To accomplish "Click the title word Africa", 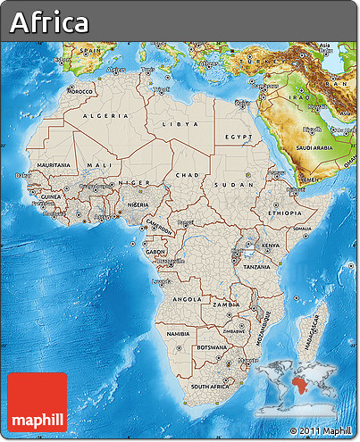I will (x=50, y=22).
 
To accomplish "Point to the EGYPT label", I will (x=239, y=137).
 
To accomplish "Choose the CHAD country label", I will (x=188, y=175).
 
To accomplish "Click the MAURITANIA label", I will (x=54, y=165).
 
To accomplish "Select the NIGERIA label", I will (x=138, y=204).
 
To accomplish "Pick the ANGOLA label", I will (x=186, y=299).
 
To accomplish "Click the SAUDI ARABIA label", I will (x=314, y=148).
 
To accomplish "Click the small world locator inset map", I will (x=297, y=388).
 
